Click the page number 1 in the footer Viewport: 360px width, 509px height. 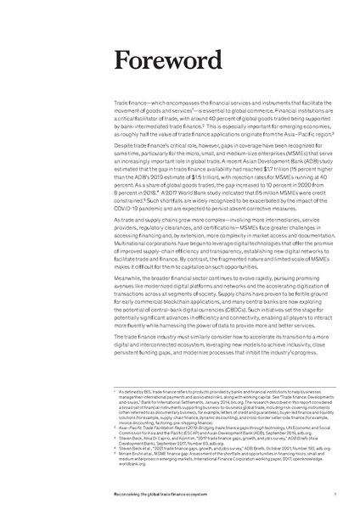coord(336,492)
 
